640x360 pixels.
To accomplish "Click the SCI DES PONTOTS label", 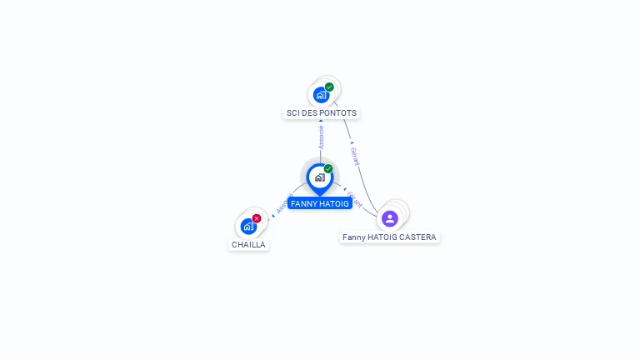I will (322, 113).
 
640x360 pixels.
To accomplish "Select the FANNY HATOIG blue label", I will (320, 203).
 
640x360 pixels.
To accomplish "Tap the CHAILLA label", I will (248, 245).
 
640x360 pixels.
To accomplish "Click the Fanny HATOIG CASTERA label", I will (389, 237).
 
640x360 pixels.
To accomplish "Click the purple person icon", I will (390, 218).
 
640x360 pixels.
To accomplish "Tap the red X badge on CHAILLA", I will (257, 218).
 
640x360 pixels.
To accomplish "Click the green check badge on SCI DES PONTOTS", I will (329, 87).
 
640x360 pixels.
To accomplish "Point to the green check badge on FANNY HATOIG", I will (328, 169).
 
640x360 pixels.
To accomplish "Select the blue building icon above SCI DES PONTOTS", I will (321, 95).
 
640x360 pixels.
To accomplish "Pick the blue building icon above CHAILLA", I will (247, 226).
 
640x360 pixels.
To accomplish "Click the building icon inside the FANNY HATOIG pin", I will (319, 177).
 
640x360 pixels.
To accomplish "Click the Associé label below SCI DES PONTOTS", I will (321, 137).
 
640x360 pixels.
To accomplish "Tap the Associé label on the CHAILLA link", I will (283, 203).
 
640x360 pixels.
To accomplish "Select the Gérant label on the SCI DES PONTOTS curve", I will (356, 157).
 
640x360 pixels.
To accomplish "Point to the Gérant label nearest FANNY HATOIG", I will (354, 199).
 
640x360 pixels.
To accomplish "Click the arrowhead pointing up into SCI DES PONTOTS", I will (321, 122).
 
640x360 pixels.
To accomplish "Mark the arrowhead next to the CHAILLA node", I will (269, 218).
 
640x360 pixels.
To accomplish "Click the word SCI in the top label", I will (292, 113).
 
